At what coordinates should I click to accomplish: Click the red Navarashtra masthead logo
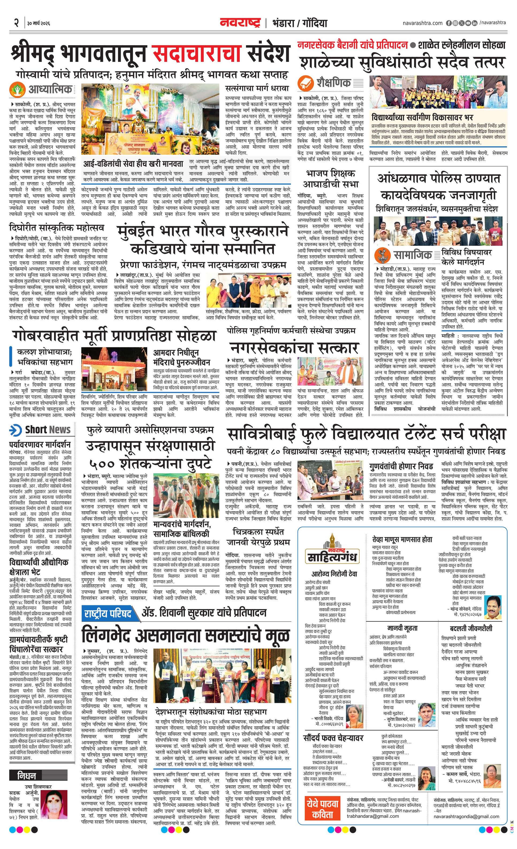(x=241, y=23)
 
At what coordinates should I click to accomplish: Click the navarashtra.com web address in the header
(x=422, y=23)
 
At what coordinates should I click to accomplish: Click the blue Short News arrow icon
(x=16, y=430)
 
